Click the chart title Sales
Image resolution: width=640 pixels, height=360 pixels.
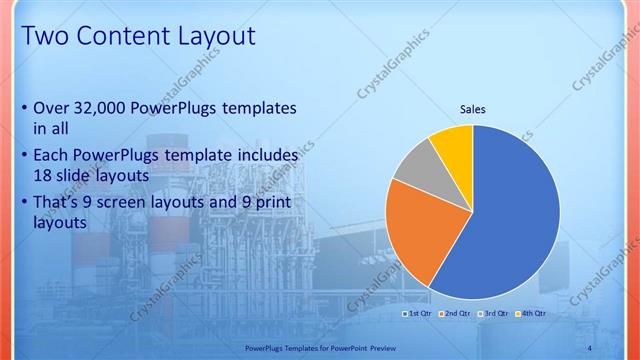coord(473,108)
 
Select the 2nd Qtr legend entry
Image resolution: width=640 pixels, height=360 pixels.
coord(457,314)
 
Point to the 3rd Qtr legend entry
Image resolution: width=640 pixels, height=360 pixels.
coord(495,314)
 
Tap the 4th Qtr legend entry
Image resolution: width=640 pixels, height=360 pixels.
coord(532,314)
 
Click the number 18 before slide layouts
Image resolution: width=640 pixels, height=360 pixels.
coord(44,175)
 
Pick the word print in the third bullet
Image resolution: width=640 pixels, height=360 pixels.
coord(260,202)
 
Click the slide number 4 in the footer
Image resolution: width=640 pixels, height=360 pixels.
coord(590,346)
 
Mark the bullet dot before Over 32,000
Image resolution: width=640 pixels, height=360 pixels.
coord(24,108)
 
